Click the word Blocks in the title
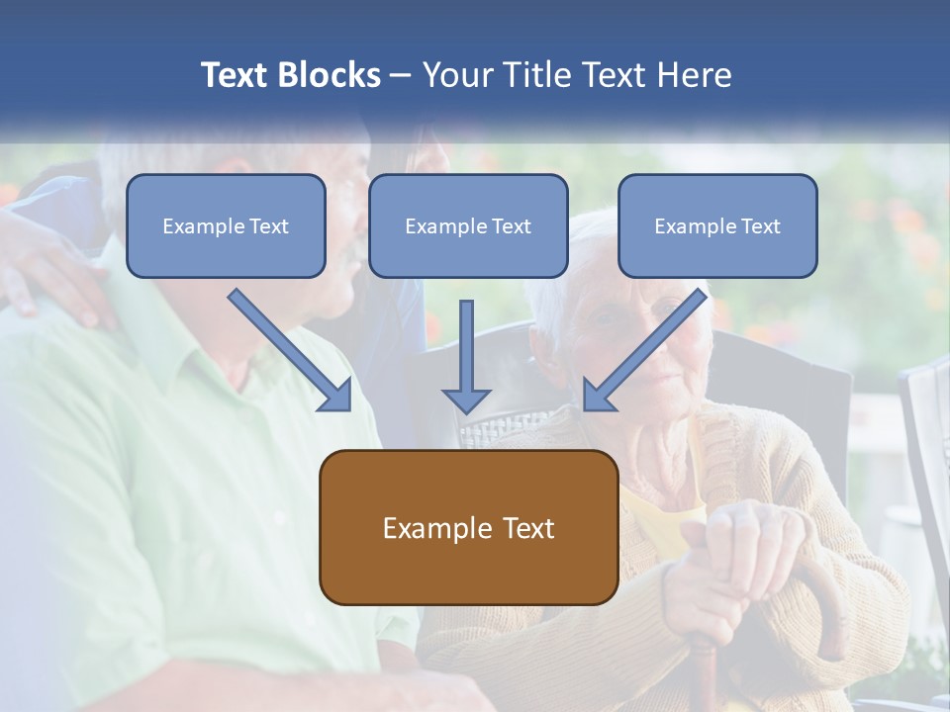tap(330, 75)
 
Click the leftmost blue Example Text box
tap(226, 225)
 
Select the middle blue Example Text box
tap(468, 225)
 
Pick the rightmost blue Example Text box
tap(717, 225)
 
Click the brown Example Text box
tap(468, 527)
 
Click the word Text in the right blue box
tap(761, 226)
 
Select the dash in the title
tap(401, 76)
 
